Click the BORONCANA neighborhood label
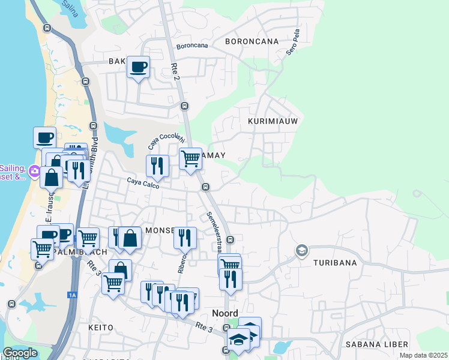(252, 41)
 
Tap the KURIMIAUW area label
(273, 121)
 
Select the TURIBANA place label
(335, 263)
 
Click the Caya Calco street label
(142, 181)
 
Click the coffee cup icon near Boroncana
(138, 67)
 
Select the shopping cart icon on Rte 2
(190, 159)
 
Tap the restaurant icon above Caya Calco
(157, 166)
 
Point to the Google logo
(20, 353)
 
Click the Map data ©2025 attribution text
(422, 355)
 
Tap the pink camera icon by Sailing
(34, 173)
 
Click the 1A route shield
(73, 295)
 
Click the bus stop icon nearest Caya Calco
(206, 187)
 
